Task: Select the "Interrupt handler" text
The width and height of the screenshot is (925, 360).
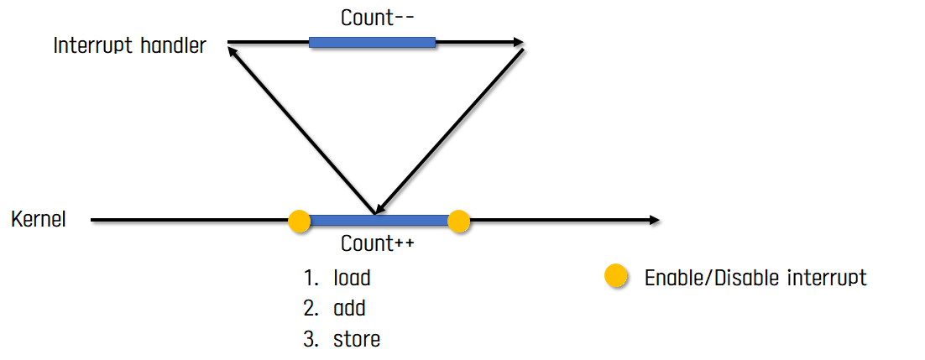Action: coord(129,45)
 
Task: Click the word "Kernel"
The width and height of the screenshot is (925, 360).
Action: coord(39,220)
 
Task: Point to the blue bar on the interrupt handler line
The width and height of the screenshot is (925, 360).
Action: coord(372,42)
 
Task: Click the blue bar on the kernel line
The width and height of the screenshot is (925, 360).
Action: coord(378,221)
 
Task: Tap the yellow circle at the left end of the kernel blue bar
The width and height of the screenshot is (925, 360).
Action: coord(300,221)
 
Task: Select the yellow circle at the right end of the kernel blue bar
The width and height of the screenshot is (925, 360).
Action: coord(458,221)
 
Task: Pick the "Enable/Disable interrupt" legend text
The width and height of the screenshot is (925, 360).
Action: coord(755,278)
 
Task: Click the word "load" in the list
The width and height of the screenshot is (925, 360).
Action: coord(352,278)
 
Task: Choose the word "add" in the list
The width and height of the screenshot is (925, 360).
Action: coord(349,308)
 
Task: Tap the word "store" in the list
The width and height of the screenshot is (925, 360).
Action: coord(356,339)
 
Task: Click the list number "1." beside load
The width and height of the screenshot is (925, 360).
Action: coord(311,278)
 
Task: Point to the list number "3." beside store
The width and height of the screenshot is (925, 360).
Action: coord(311,339)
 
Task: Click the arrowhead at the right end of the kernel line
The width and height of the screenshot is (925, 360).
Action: coord(653,221)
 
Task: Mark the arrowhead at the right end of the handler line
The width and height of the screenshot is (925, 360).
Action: coord(518,42)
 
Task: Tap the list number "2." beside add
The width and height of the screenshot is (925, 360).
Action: coord(311,308)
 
